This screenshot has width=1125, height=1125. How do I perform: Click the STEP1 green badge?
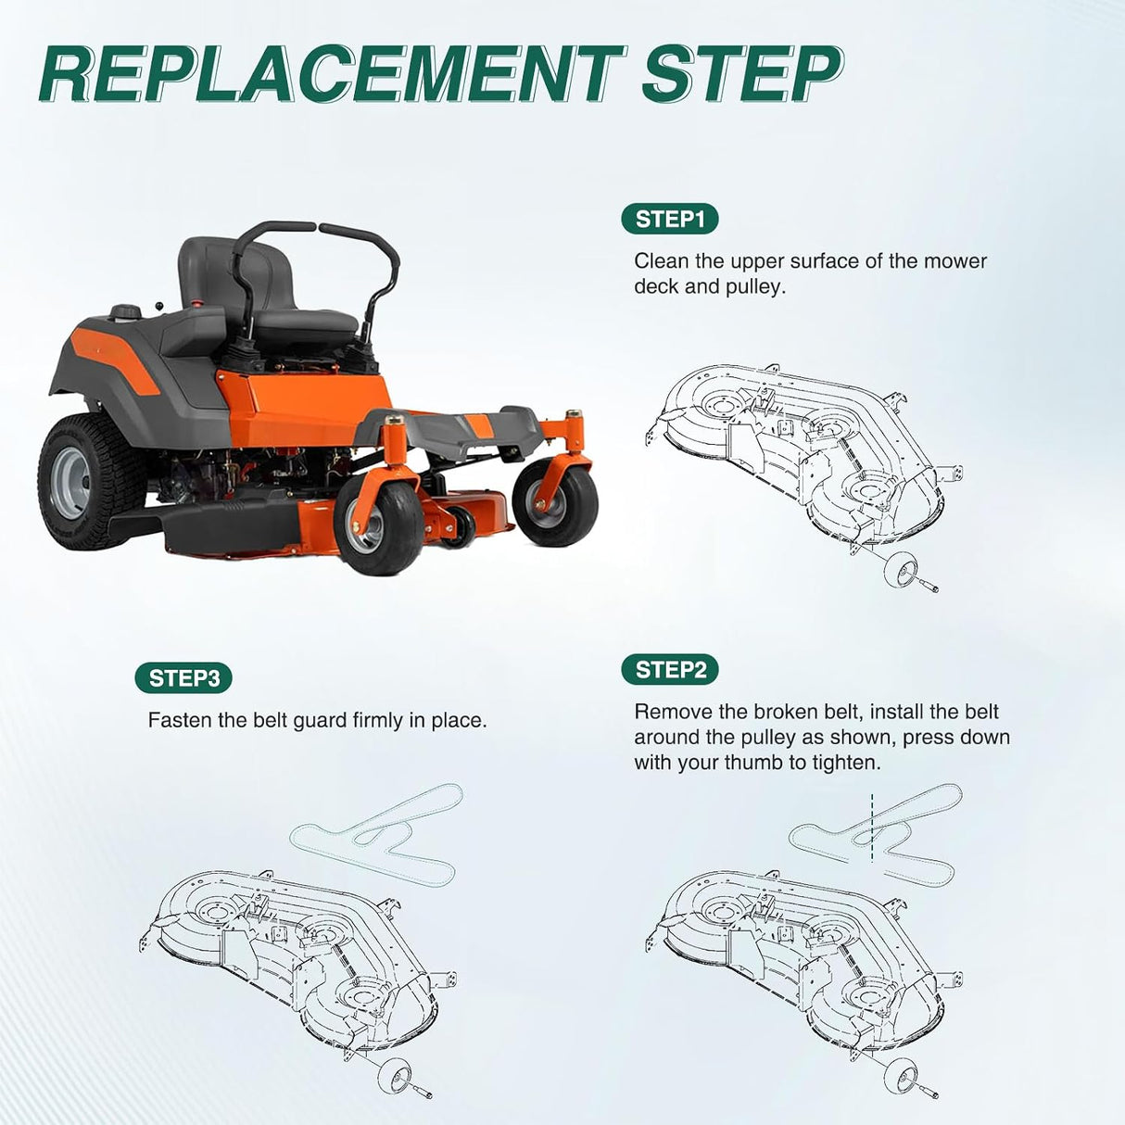670,219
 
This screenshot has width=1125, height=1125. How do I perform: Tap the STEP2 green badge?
670,669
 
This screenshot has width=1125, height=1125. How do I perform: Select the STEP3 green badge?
183,677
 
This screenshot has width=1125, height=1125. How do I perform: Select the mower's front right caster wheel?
554,502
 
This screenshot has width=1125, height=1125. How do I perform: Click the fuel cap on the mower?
125,311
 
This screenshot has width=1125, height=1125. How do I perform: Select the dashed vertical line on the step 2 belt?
872,828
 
